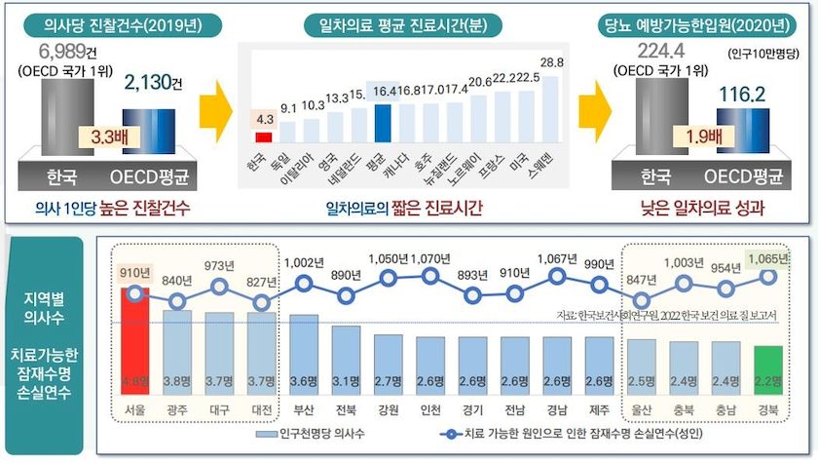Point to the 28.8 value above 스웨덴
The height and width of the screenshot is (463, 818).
552,62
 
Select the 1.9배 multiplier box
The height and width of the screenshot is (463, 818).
692,136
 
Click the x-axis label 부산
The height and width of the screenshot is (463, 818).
304,410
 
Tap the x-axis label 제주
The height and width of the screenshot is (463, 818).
599,410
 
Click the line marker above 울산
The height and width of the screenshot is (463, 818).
641,298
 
